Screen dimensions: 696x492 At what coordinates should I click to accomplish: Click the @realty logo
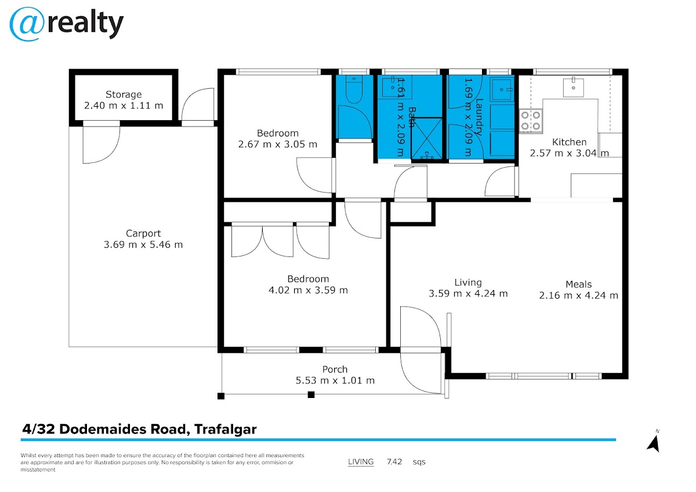point(67,23)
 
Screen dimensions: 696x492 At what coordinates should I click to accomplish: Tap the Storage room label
point(124,95)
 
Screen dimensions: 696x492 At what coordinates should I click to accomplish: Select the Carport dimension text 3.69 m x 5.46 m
point(143,245)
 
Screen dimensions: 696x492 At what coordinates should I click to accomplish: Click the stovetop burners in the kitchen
point(531,120)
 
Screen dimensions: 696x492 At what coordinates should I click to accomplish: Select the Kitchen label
point(569,142)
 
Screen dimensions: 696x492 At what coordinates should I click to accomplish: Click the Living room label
point(468,283)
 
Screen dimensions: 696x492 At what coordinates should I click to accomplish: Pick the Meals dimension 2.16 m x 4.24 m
point(579,295)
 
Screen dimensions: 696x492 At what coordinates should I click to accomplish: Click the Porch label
point(335,370)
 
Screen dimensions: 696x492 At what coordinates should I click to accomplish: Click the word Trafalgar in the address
point(226,430)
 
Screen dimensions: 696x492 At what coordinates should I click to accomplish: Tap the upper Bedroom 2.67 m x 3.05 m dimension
point(278,144)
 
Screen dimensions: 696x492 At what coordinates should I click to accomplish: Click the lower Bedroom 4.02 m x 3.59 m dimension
point(308,290)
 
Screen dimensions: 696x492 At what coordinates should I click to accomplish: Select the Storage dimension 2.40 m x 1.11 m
point(124,106)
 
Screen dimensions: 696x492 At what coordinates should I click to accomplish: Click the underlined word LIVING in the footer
point(361,462)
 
